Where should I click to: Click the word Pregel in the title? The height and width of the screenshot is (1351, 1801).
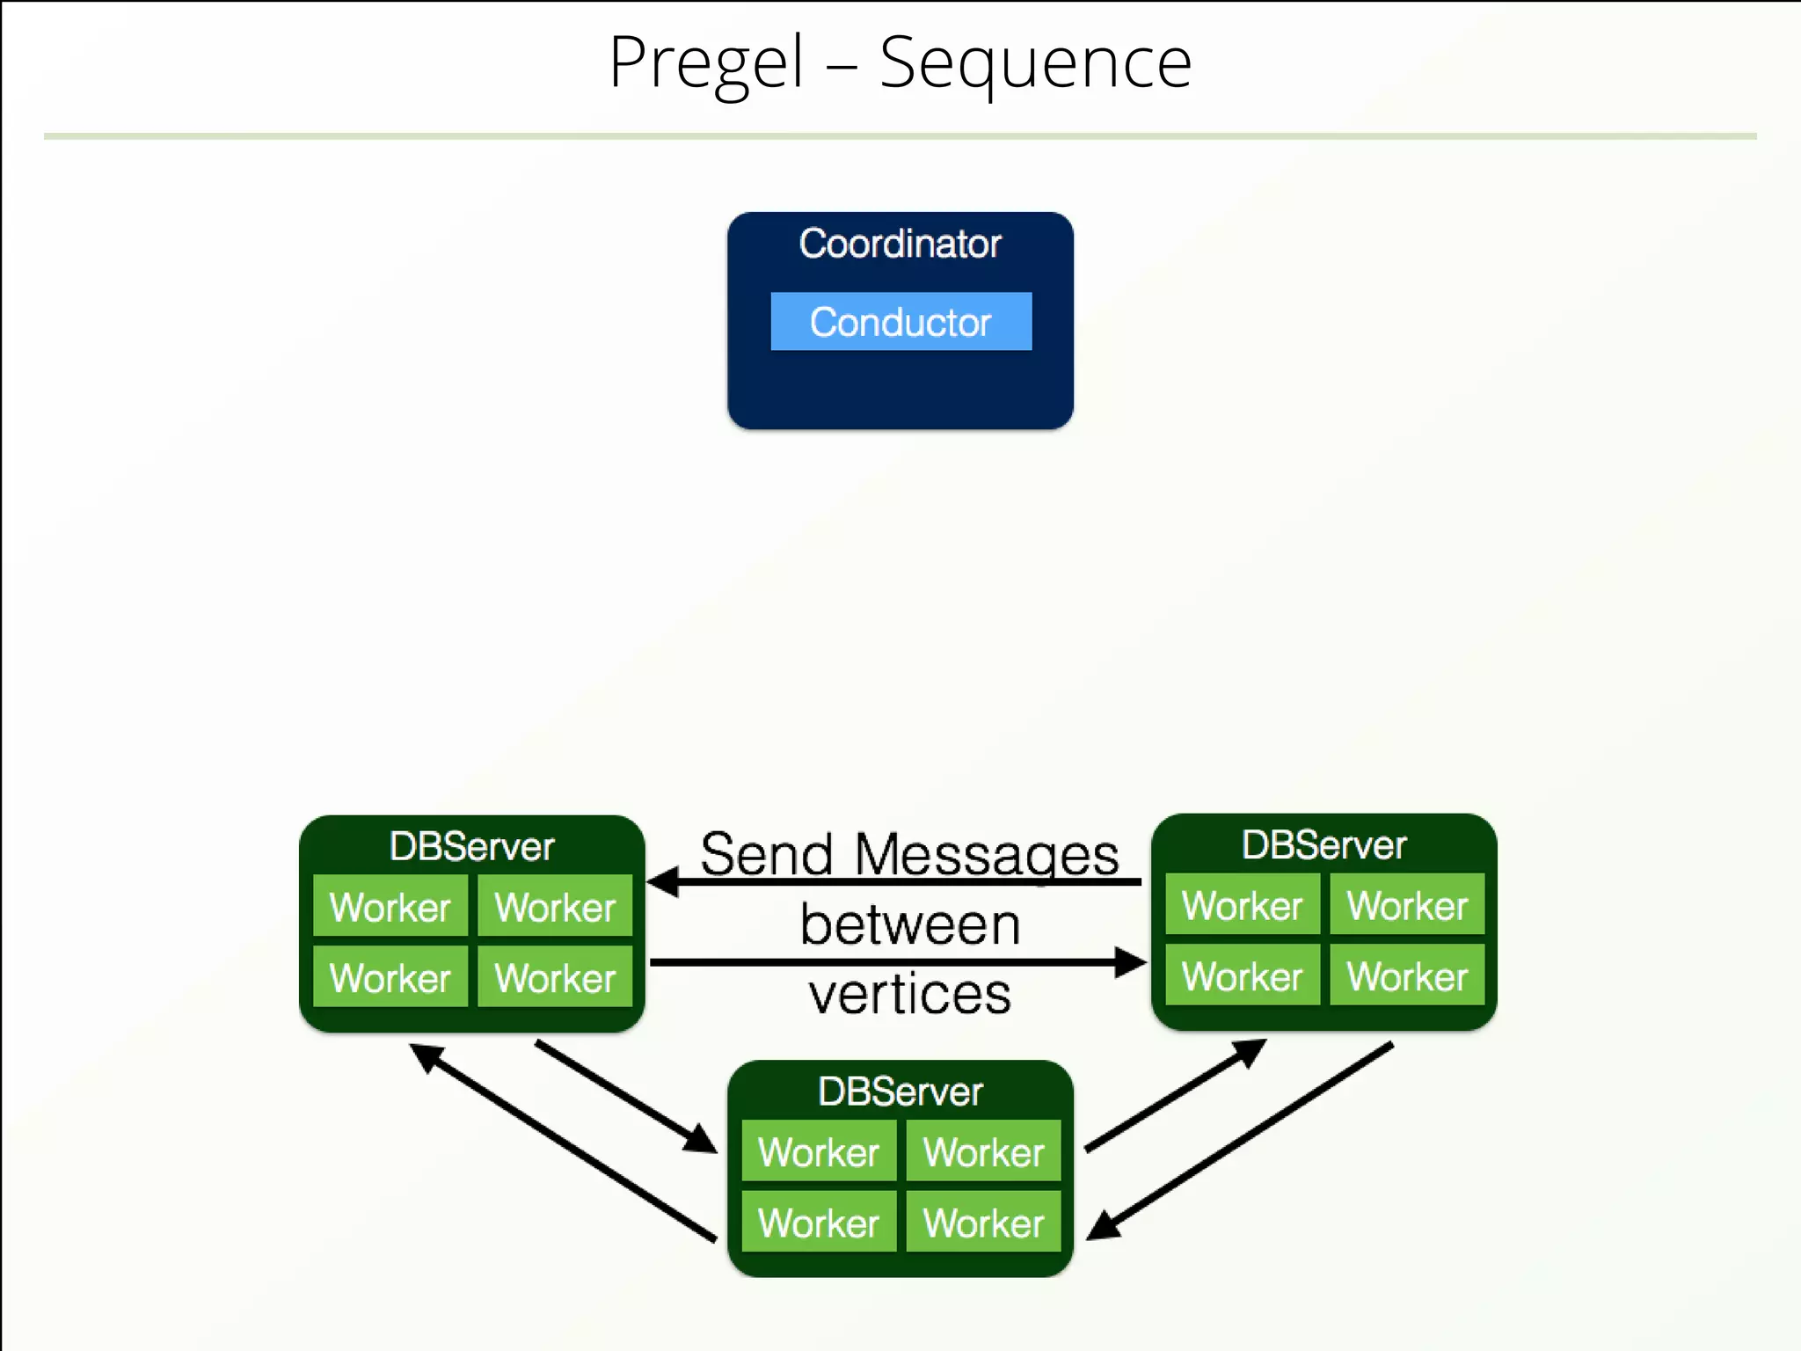pyautogui.click(x=706, y=63)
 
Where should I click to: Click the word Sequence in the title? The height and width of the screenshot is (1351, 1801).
pyautogui.click(x=1035, y=63)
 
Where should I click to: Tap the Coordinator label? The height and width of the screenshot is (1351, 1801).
pyautogui.click(x=900, y=244)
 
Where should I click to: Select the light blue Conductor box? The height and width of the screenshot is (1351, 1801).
pyautogui.click(x=900, y=322)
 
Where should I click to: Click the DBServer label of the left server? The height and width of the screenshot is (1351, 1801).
pyautogui.click(x=471, y=846)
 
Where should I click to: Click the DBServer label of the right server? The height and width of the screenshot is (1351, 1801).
pyautogui.click(x=1323, y=844)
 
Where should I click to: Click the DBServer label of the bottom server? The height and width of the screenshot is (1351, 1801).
pyautogui.click(x=900, y=1092)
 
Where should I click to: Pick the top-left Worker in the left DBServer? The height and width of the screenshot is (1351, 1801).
pyautogui.click(x=390, y=906)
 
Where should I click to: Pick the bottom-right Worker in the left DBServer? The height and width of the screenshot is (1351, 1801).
pyautogui.click(x=555, y=977)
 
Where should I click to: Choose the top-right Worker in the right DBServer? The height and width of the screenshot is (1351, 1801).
pyautogui.click(x=1407, y=905)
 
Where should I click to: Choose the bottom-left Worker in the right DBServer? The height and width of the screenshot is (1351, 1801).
pyautogui.click(x=1242, y=975)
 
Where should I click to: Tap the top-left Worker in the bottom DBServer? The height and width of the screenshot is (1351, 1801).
pyautogui.click(x=818, y=1151)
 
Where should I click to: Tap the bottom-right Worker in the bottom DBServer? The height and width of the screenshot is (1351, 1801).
pyautogui.click(x=983, y=1223)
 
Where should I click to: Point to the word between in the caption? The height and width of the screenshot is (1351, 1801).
pyautogui.click(x=910, y=924)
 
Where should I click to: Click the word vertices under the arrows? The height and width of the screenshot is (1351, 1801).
pyautogui.click(x=910, y=994)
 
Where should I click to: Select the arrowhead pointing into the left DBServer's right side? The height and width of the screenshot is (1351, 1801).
pyautogui.click(x=664, y=881)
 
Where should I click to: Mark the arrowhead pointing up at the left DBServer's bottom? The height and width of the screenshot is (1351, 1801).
pyautogui.click(x=427, y=1056)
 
